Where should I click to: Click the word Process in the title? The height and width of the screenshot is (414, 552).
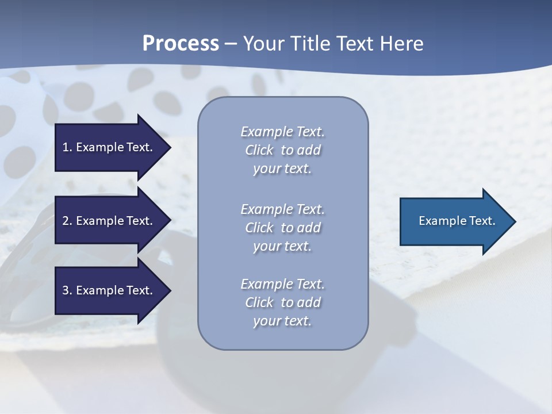[x=181, y=44]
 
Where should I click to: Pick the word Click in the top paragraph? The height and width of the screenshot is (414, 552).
[x=259, y=150]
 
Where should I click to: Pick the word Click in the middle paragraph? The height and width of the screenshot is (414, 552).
[x=259, y=228]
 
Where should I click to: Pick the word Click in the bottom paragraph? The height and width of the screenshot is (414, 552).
[x=259, y=302]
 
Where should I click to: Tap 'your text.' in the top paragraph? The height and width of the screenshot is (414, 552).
[x=282, y=169]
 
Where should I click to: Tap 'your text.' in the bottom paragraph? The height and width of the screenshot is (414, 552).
[x=282, y=321]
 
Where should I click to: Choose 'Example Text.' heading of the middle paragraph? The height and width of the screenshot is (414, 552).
[x=282, y=209]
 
